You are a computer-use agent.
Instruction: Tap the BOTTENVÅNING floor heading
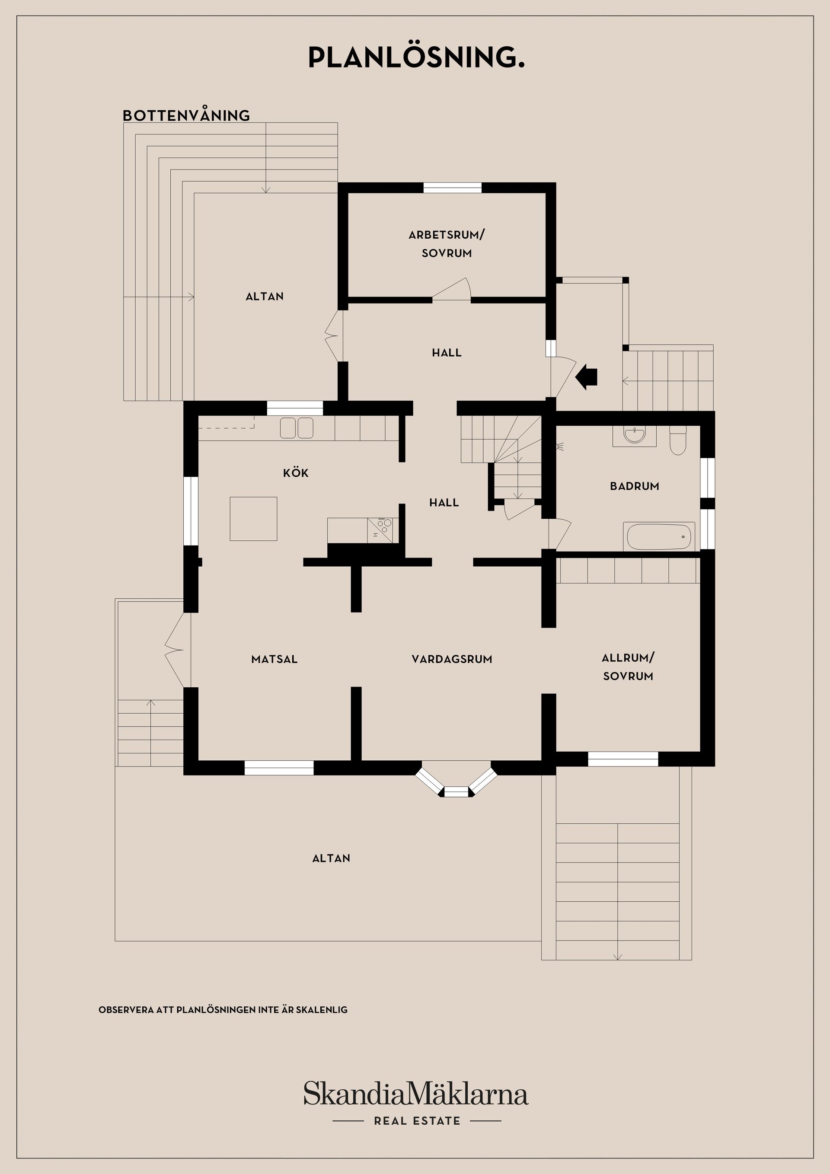click(x=186, y=115)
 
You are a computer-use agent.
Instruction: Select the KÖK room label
click(x=296, y=472)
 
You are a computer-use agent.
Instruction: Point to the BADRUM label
click(x=634, y=486)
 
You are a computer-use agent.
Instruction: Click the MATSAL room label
click(x=274, y=659)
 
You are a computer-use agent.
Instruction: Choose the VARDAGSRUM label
click(x=452, y=659)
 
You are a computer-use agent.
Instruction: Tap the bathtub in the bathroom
click(x=659, y=536)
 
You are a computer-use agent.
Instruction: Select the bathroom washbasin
click(x=635, y=436)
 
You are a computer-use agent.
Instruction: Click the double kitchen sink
click(x=297, y=428)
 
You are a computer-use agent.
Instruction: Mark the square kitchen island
click(x=253, y=518)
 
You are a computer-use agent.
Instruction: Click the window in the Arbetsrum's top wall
click(x=453, y=188)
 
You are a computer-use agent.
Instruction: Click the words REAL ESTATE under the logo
click(x=417, y=1121)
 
